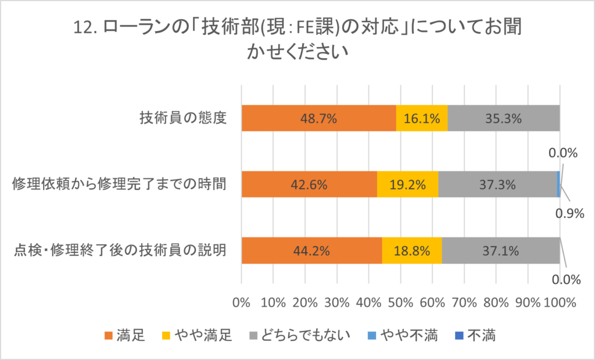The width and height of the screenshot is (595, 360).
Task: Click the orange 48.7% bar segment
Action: [318, 118]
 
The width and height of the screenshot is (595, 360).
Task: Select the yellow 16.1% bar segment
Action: [422, 118]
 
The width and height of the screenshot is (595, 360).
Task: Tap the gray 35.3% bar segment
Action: [503, 118]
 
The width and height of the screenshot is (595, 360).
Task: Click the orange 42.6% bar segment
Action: [309, 185]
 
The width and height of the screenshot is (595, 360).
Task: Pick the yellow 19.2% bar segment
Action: [407, 185]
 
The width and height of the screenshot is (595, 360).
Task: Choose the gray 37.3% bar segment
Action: [497, 185]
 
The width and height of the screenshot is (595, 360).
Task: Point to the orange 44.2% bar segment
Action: [311, 251]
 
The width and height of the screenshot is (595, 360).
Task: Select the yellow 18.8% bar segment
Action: [412, 251]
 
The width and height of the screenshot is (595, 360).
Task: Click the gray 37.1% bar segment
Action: [500, 251]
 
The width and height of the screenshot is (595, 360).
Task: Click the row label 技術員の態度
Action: [182, 118]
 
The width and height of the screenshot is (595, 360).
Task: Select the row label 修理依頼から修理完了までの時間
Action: [119, 185]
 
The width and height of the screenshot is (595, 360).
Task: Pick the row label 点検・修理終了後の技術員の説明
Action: [119, 251]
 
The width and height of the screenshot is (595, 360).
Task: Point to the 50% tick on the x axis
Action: [400, 303]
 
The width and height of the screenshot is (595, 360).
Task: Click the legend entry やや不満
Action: [407, 335]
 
